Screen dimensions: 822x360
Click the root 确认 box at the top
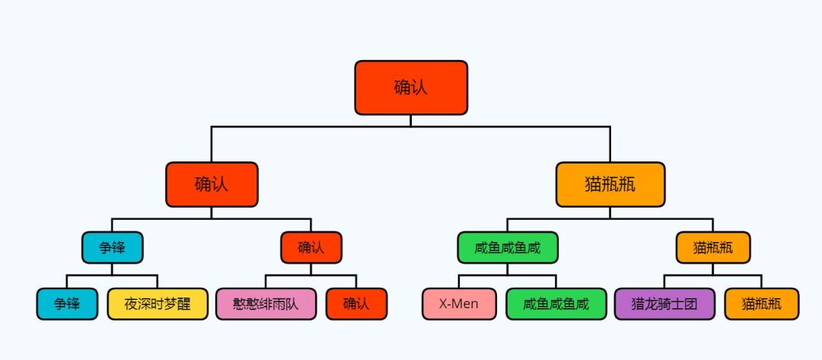411,88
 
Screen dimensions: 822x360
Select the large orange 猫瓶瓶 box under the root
610,184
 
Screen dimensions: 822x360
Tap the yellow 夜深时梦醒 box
158,304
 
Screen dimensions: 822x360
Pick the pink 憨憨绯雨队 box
266,304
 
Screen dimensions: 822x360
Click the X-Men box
459,304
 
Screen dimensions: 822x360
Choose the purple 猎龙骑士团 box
664,304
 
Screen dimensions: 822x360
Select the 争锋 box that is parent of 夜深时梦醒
112,247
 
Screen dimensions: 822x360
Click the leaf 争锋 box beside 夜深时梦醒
67,304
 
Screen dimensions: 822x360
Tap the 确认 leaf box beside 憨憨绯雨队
356,304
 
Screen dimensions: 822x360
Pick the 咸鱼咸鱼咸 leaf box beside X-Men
556,304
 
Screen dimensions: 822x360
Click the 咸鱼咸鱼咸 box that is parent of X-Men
508,247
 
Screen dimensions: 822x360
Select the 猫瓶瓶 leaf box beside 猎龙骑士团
762,304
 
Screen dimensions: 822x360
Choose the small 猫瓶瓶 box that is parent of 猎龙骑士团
713,247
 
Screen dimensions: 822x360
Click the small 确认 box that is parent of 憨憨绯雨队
311,247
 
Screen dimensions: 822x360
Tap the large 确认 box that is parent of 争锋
212,184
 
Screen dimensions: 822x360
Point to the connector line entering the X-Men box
459,282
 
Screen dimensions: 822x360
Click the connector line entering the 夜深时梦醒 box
158,282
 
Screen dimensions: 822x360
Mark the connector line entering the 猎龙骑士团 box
664,282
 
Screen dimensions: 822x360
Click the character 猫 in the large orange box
593,184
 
